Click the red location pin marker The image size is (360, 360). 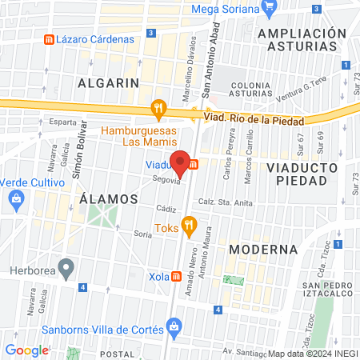coord(181,162)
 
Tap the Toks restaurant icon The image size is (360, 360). coord(189,226)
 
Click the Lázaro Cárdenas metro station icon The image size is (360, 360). coord(50,38)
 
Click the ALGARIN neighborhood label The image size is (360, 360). coord(108,82)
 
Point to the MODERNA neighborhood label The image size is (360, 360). coord(263,249)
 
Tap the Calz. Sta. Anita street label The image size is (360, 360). coord(220,202)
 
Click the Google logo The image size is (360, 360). coord(26,350)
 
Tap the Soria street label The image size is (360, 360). coord(142,234)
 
